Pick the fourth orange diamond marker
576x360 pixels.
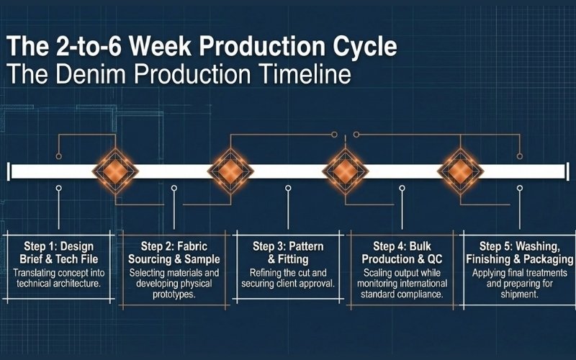(x=459, y=171)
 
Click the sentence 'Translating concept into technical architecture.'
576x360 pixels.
(x=60, y=279)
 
